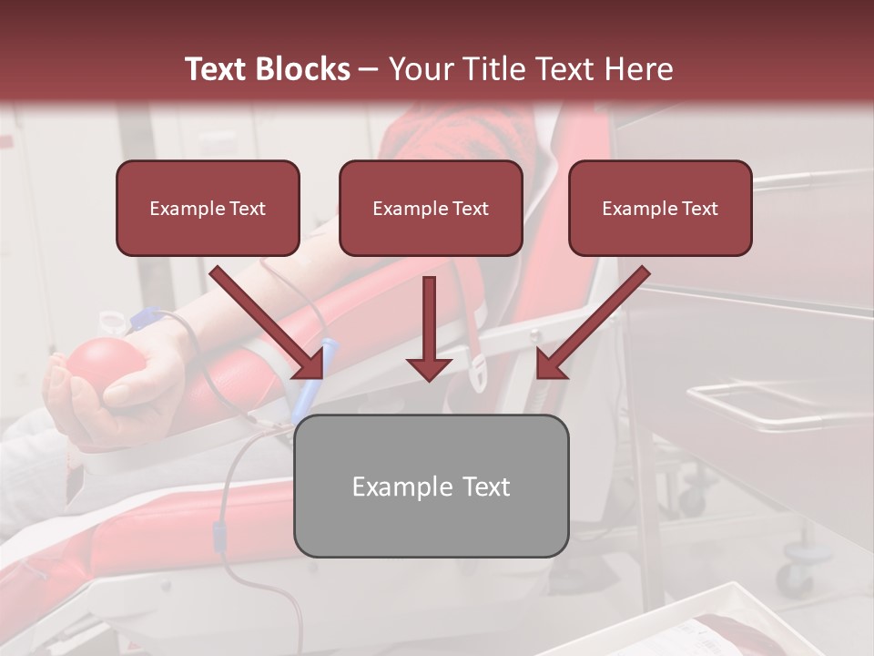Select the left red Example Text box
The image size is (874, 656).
tap(208, 209)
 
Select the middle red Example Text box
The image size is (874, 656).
tap(431, 209)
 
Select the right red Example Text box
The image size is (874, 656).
tap(660, 209)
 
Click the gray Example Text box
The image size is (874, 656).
tap(431, 486)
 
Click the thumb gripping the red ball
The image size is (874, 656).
tap(127, 392)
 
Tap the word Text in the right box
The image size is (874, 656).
tap(699, 209)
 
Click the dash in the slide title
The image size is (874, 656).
tap(369, 69)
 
